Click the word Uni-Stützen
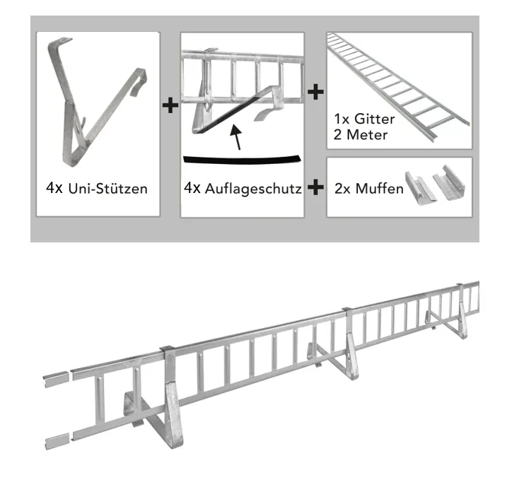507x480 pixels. click(x=107, y=189)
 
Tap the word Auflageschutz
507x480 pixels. click(x=253, y=189)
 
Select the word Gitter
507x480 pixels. click(x=375, y=119)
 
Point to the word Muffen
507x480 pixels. click(x=379, y=189)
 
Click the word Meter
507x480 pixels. click(x=367, y=135)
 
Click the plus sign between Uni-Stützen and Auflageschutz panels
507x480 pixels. click(x=170, y=105)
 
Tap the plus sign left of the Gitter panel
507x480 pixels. click(x=315, y=92)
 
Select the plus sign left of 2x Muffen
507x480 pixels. click(x=315, y=187)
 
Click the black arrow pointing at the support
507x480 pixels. click(x=236, y=137)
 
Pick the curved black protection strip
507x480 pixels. click(x=242, y=160)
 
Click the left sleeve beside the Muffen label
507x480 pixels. click(x=421, y=189)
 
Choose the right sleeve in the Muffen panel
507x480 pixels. click(x=449, y=182)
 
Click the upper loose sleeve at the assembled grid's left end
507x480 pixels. click(x=57, y=379)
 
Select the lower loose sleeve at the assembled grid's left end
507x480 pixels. click(x=57, y=441)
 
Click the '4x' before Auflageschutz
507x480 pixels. click(x=192, y=188)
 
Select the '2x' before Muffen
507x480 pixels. click(x=343, y=189)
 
